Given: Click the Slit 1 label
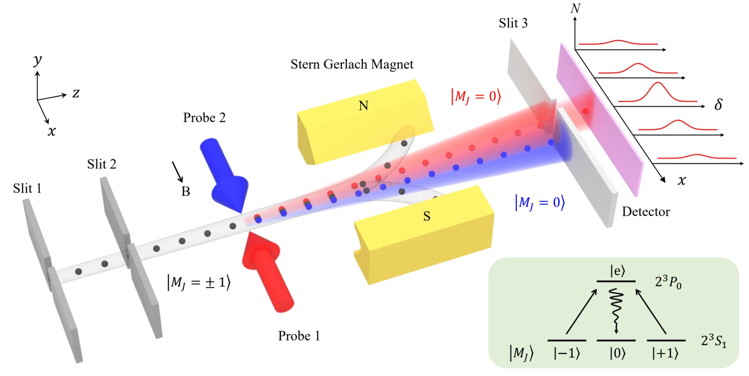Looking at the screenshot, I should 27,189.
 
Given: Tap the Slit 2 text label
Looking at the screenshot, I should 102,165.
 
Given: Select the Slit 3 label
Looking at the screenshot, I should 513,23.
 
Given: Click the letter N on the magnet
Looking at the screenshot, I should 363,106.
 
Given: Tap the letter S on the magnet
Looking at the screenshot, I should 426,217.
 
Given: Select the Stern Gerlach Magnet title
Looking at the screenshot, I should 352,64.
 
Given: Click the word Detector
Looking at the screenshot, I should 646,212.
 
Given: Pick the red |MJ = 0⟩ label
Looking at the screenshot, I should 476,97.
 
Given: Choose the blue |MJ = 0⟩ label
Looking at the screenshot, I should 540,202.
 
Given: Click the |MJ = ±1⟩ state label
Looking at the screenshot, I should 199,283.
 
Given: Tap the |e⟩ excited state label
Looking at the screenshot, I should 617,271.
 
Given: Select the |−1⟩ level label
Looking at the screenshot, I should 567,354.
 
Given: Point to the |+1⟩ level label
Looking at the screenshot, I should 665,354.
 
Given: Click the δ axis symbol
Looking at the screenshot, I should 718,105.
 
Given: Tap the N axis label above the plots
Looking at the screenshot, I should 575,8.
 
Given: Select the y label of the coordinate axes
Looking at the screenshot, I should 37,60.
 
